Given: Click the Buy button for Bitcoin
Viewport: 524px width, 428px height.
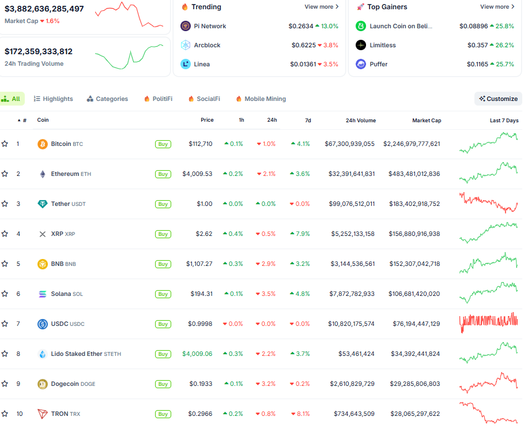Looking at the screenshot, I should click(x=163, y=144).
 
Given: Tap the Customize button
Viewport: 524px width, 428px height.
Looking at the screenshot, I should click(x=498, y=99).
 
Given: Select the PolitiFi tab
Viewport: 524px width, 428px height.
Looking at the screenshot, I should click(x=158, y=99).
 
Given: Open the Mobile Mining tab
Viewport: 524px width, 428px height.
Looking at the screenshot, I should click(x=261, y=99).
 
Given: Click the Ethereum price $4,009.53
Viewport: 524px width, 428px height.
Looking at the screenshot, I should click(x=197, y=174).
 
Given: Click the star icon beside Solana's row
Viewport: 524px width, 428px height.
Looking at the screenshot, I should click(x=5, y=294).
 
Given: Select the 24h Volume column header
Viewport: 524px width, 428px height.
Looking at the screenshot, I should click(x=360, y=120).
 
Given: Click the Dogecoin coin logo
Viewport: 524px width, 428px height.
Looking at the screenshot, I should click(x=42, y=384).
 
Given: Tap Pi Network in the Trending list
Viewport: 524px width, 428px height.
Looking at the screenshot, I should click(x=209, y=26).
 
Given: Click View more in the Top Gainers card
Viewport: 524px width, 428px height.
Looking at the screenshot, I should click(x=497, y=7).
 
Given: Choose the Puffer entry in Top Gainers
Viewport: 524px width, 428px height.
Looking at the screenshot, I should click(x=378, y=64).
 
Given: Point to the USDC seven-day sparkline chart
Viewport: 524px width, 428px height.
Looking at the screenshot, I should click(x=488, y=323).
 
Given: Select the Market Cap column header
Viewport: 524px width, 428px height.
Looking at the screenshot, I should click(x=427, y=120).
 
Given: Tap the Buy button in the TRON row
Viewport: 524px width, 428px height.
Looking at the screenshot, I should click(x=163, y=414).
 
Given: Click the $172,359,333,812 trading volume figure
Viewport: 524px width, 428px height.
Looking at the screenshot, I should click(x=39, y=51).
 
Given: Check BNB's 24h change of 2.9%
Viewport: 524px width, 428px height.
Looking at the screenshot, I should click(x=266, y=264).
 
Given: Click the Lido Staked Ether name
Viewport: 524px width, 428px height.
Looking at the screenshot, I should click(x=76, y=354).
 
